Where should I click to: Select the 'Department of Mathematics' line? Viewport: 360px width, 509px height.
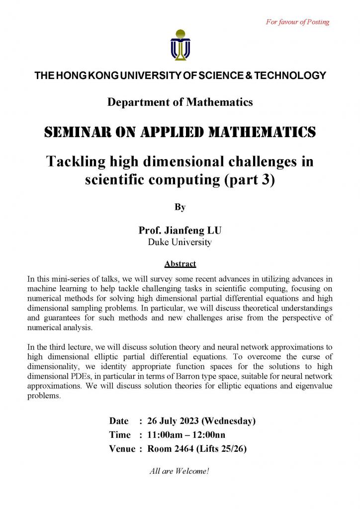pyautogui.click(x=180, y=102)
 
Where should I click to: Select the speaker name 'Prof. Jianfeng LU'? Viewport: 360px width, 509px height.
pyautogui.click(x=180, y=231)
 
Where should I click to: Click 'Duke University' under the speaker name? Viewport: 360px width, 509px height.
pyautogui.click(x=180, y=243)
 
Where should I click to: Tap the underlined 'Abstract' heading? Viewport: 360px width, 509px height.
pyautogui.click(x=180, y=264)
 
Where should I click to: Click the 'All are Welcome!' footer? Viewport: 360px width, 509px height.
pyautogui.click(x=180, y=471)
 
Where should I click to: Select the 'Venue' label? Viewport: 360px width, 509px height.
pyautogui.click(x=122, y=449)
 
